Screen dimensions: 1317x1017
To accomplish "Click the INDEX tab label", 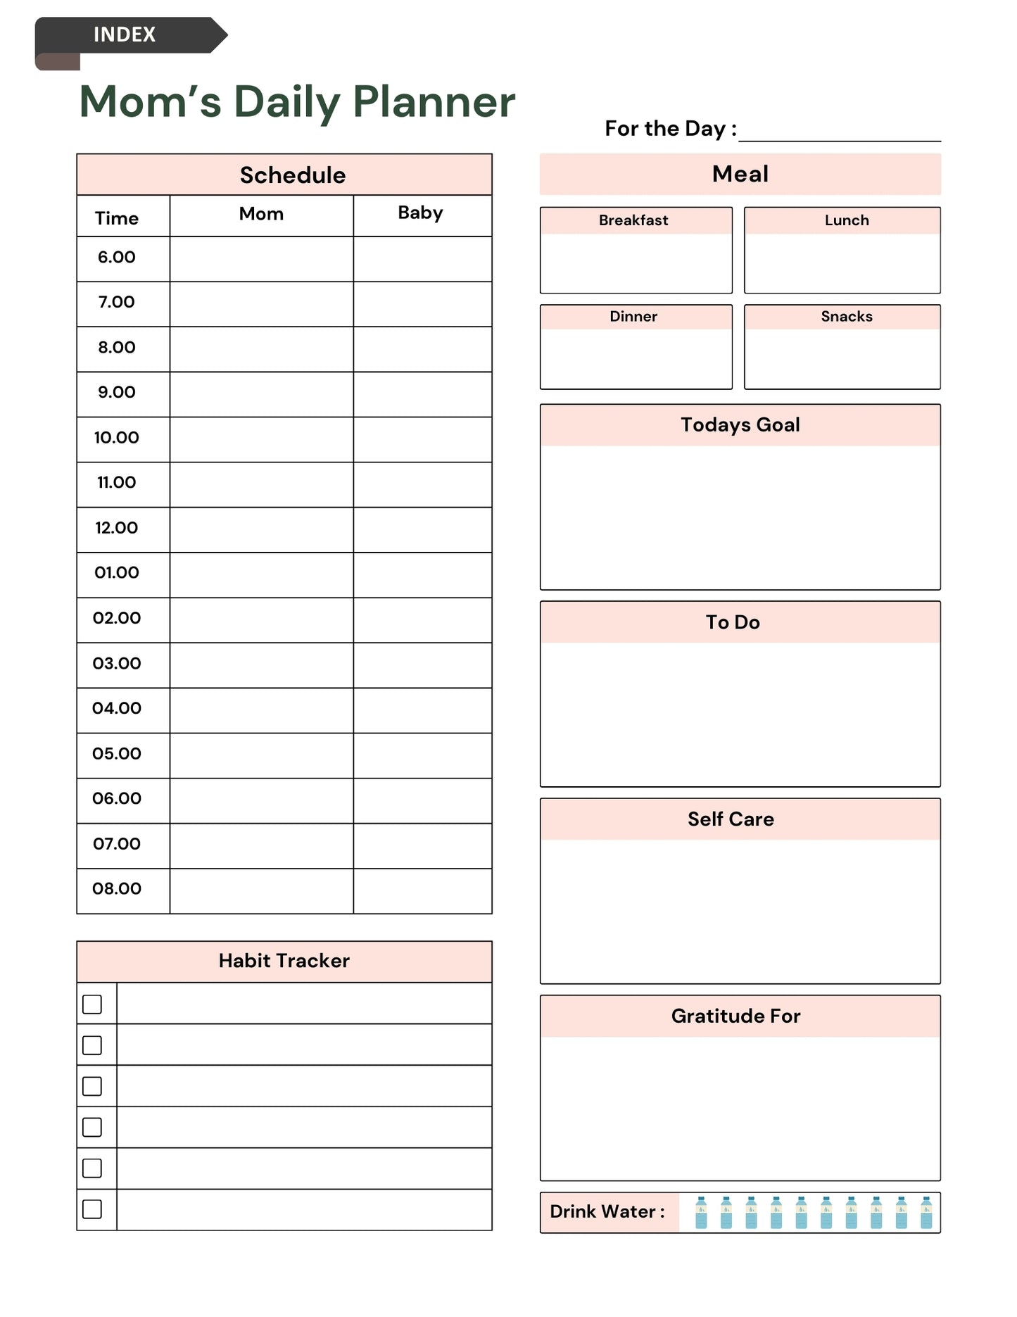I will tap(125, 34).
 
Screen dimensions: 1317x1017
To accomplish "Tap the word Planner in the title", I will tap(434, 102).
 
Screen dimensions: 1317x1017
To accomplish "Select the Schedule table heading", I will tap(293, 175).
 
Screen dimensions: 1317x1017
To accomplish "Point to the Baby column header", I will tap(420, 213).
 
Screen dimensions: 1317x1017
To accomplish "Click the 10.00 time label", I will tap(117, 438).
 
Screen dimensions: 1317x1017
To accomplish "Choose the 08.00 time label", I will tap(117, 889).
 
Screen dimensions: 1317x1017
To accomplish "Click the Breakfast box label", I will tap(633, 220).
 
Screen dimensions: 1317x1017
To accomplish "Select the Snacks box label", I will tap(847, 317).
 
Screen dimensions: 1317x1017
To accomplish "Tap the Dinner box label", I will tap(633, 317).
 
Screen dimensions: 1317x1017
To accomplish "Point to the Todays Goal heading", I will tap(740, 425).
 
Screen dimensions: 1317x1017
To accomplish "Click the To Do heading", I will tap(733, 622).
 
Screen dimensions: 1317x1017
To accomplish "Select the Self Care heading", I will tap(731, 819).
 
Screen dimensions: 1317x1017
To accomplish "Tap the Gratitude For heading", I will tap(735, 1016).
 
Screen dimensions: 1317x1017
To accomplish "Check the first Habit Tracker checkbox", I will tap(92, 1004).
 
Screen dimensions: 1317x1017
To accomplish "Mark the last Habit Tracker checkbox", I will tap(92, 1209).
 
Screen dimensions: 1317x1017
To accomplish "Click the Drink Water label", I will tap(607, 1211).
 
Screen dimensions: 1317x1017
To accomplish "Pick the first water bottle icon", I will tap(701, 1212).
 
